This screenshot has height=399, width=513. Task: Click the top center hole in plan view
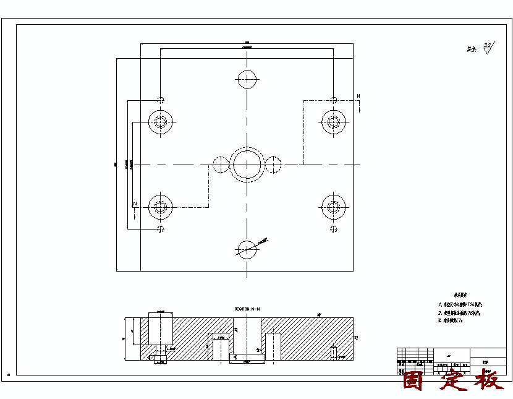247,79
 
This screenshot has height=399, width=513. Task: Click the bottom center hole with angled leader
247,250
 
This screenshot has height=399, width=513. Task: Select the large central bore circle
247,165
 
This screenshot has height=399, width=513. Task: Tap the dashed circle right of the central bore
273,165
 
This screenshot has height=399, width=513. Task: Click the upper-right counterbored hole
333,121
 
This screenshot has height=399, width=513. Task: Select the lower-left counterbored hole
161,207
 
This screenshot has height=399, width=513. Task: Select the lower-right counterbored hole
333,207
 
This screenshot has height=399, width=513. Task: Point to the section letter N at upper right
358,96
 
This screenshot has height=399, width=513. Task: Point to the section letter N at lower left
135,204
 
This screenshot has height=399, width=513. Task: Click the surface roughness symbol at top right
488,48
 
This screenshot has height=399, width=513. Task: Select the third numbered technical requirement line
455,322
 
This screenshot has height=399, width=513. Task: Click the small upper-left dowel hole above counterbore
161,100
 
